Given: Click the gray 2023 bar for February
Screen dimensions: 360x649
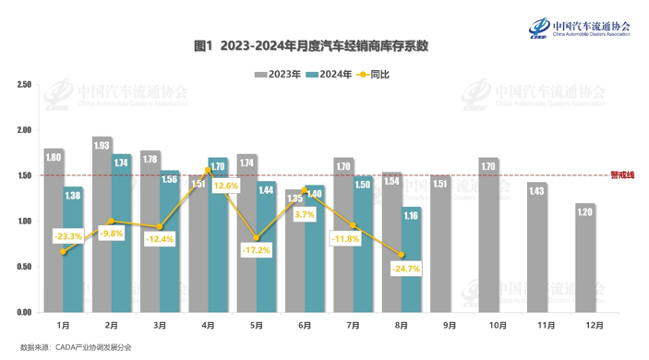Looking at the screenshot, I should tap(102, 226).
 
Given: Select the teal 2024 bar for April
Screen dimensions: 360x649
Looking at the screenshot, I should tap(218, 235).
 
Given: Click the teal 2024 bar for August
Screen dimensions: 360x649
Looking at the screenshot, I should tap(411, 263).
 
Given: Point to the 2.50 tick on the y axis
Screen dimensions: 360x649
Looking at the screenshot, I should tap(24, 85).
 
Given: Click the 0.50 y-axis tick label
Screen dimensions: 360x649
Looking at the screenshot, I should tap(24, 267).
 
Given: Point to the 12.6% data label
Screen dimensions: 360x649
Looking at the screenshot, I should tap(226, 186).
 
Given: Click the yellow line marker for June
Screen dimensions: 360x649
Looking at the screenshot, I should tap(305, 189).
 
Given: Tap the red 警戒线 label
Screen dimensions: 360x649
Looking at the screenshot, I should tap(623, 175).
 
